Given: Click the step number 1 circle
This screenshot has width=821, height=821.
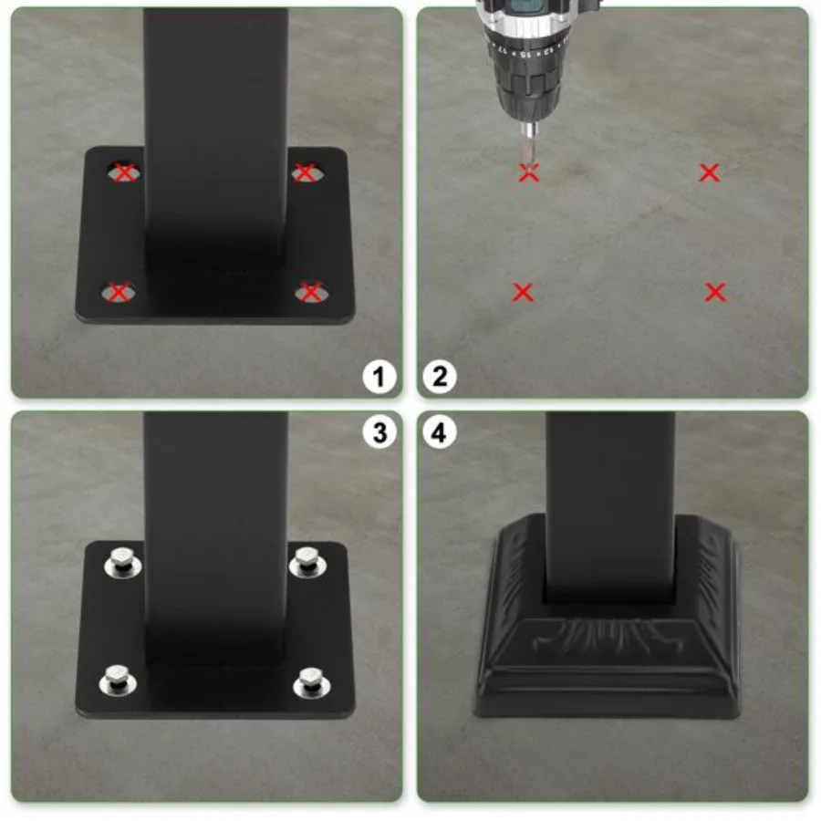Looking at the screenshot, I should tap(379, 376).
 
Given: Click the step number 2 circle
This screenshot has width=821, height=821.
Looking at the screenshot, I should tap(441, 376).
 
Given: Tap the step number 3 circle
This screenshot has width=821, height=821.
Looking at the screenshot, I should tap(379, 432).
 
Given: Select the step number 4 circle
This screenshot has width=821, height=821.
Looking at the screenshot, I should tap(441, 432).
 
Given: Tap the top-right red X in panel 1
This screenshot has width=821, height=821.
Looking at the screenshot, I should tap(306, 171).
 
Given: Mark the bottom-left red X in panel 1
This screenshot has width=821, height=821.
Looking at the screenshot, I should tap(118, 292).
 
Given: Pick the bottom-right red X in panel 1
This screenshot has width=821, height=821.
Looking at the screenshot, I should tap(311, 292).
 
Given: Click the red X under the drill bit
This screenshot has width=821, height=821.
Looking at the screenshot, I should tap(529, 171).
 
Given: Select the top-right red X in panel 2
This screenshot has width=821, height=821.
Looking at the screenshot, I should tap(709, 171).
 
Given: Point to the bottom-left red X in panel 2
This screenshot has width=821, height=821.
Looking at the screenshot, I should tap(523, 292).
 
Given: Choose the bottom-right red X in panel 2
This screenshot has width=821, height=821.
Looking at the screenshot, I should tap(716, 292).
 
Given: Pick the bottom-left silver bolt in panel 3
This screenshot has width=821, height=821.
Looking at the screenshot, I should tap(118, 681).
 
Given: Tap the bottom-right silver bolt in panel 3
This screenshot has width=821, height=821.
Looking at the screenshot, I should tap(311, 682).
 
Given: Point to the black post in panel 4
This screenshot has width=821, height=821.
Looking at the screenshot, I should tap(609, 502).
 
